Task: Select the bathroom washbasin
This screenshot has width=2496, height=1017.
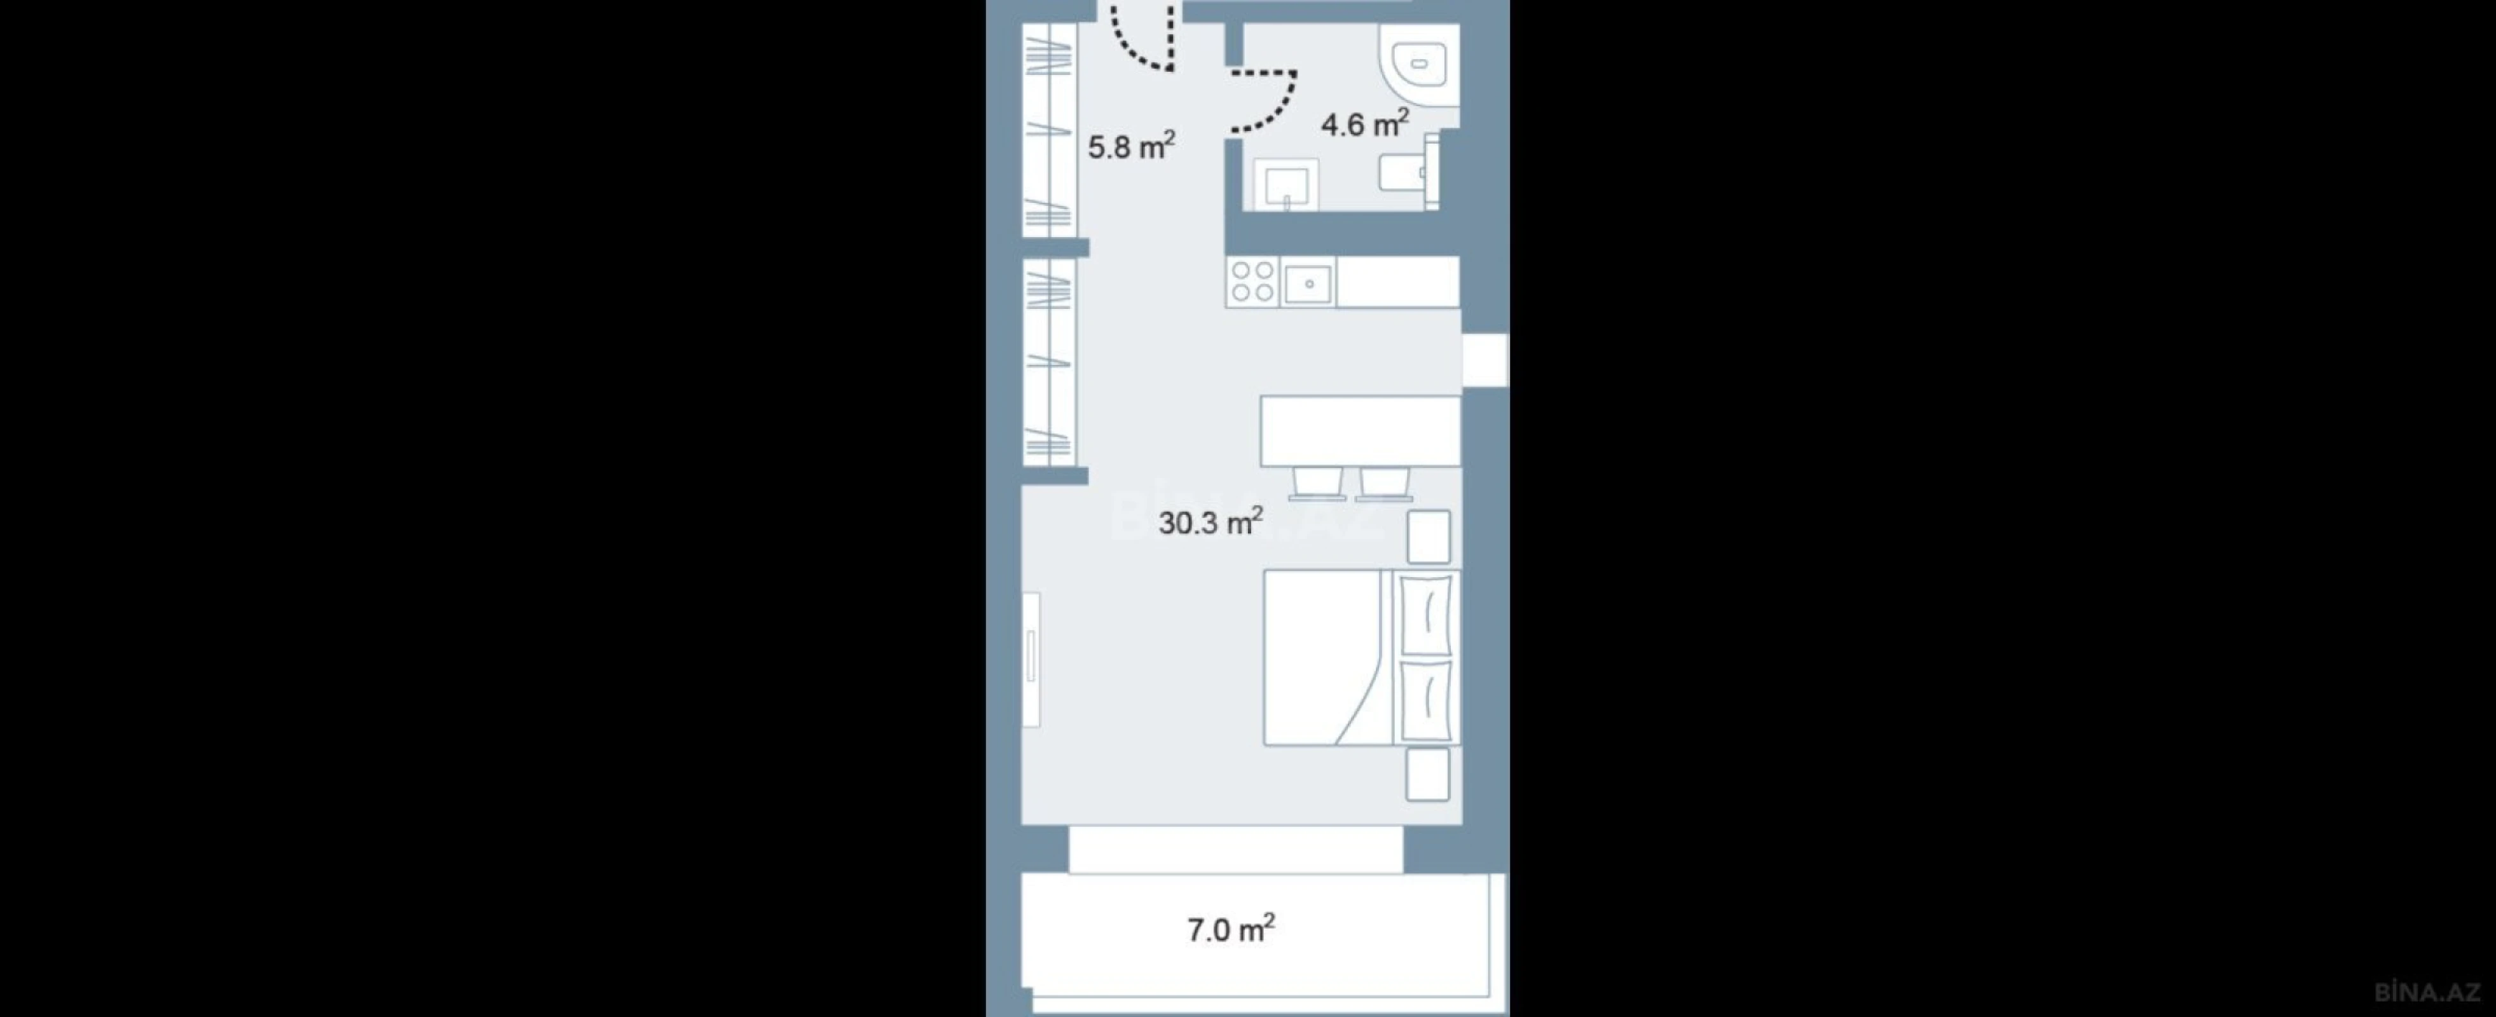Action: tap(1287, 185)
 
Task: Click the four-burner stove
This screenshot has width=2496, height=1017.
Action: tap(1252, 282)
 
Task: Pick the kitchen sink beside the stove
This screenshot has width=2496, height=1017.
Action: tap(1308, 283)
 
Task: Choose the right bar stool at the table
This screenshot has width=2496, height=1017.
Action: tap(1383, 482)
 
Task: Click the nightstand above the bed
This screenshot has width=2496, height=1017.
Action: tap(1428, 536)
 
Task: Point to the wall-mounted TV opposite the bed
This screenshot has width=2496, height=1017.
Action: tap(1031, 659)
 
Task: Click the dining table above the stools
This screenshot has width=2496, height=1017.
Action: tap(1359, 431)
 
